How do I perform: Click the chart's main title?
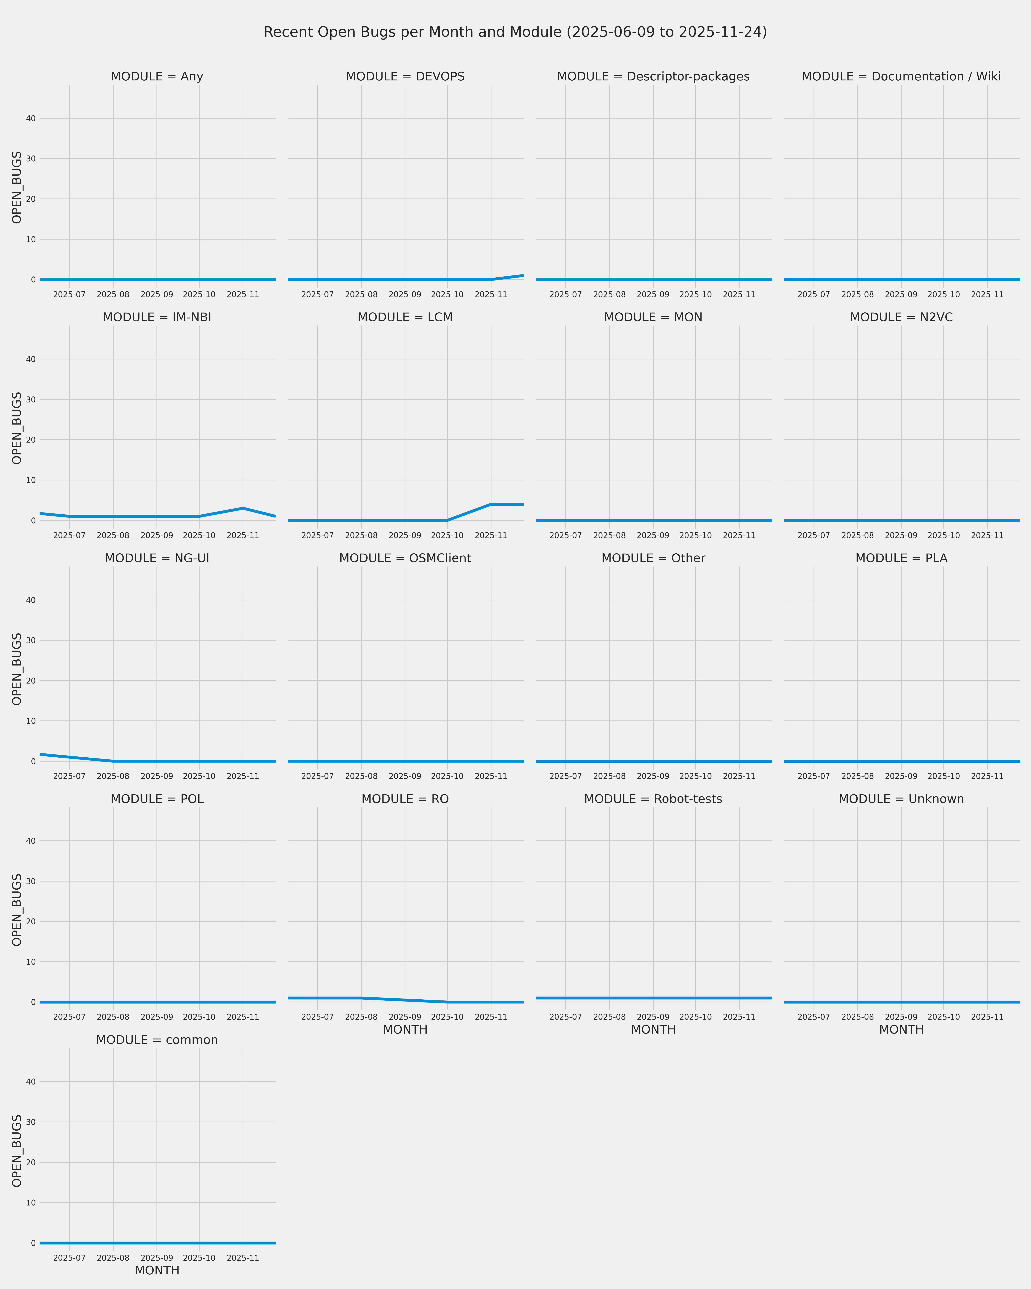[515, 32]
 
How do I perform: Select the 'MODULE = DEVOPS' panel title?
[405, 76]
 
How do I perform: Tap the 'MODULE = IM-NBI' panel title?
[157, 317]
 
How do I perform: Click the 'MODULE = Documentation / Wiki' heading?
[901, 76]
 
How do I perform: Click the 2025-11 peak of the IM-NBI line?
[243, 508]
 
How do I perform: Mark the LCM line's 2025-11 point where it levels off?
[491, 504]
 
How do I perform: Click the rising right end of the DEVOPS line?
[522, 276]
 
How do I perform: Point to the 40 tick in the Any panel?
[30, 118]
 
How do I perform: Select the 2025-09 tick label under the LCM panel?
[405, 536]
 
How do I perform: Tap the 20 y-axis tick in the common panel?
[30, 1162]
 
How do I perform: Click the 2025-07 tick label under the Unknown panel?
[813, 1017]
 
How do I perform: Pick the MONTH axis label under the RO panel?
[405, 1029]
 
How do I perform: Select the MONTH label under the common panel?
[157, 1270]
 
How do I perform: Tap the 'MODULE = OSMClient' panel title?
[405, 558]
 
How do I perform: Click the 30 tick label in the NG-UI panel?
[30, 640]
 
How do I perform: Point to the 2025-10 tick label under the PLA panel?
[944, 776]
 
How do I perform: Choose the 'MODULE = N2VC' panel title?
[901, 317]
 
